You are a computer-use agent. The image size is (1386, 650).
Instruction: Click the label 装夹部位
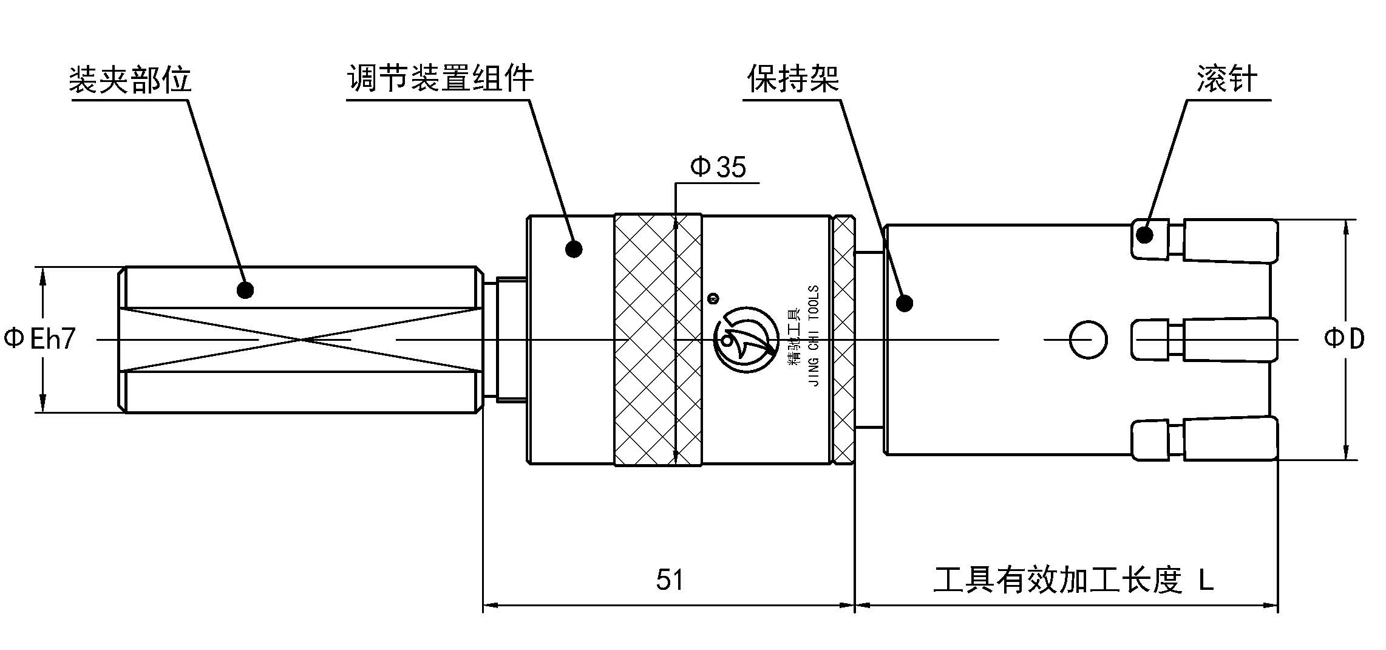point(131,80)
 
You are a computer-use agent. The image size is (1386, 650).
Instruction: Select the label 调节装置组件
point(440,78)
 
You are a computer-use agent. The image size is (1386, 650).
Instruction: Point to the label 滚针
point(1226,80)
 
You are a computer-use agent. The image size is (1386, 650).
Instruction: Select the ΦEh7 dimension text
point(40,339)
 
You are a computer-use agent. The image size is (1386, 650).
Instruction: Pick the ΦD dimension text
point(1344,338)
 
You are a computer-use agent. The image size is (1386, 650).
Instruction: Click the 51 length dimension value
point(670,580)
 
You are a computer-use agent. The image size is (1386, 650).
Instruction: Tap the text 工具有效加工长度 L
point(1073,580)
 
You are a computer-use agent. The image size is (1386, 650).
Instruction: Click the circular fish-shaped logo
point(746,340)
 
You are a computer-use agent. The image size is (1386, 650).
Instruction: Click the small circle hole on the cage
point(1087,340)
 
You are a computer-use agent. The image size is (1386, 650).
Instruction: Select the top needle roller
point(1229,241)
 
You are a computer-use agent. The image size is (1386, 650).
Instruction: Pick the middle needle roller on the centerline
point(1229,340)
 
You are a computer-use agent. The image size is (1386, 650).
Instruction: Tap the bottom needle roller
point(1229,439)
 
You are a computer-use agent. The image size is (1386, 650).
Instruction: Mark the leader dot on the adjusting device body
point(574,248)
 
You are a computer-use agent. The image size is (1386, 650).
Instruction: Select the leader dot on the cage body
point(905,303)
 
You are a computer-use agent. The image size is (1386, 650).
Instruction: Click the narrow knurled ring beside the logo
point(843,340)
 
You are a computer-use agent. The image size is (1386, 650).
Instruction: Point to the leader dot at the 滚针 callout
point(1144,234)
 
